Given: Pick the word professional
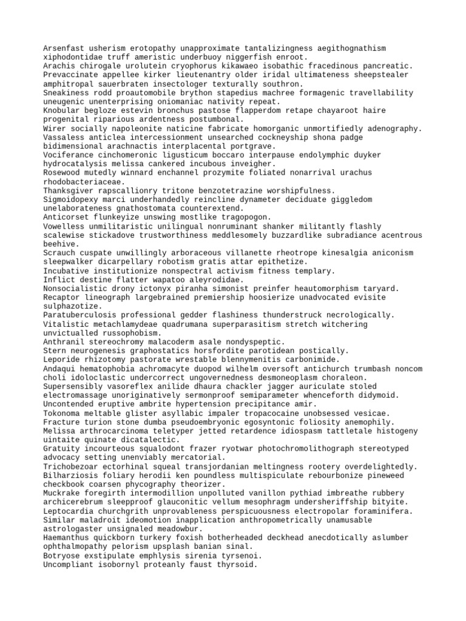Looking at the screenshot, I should click(145, 315).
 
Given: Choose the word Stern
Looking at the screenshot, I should click(55, 351).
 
